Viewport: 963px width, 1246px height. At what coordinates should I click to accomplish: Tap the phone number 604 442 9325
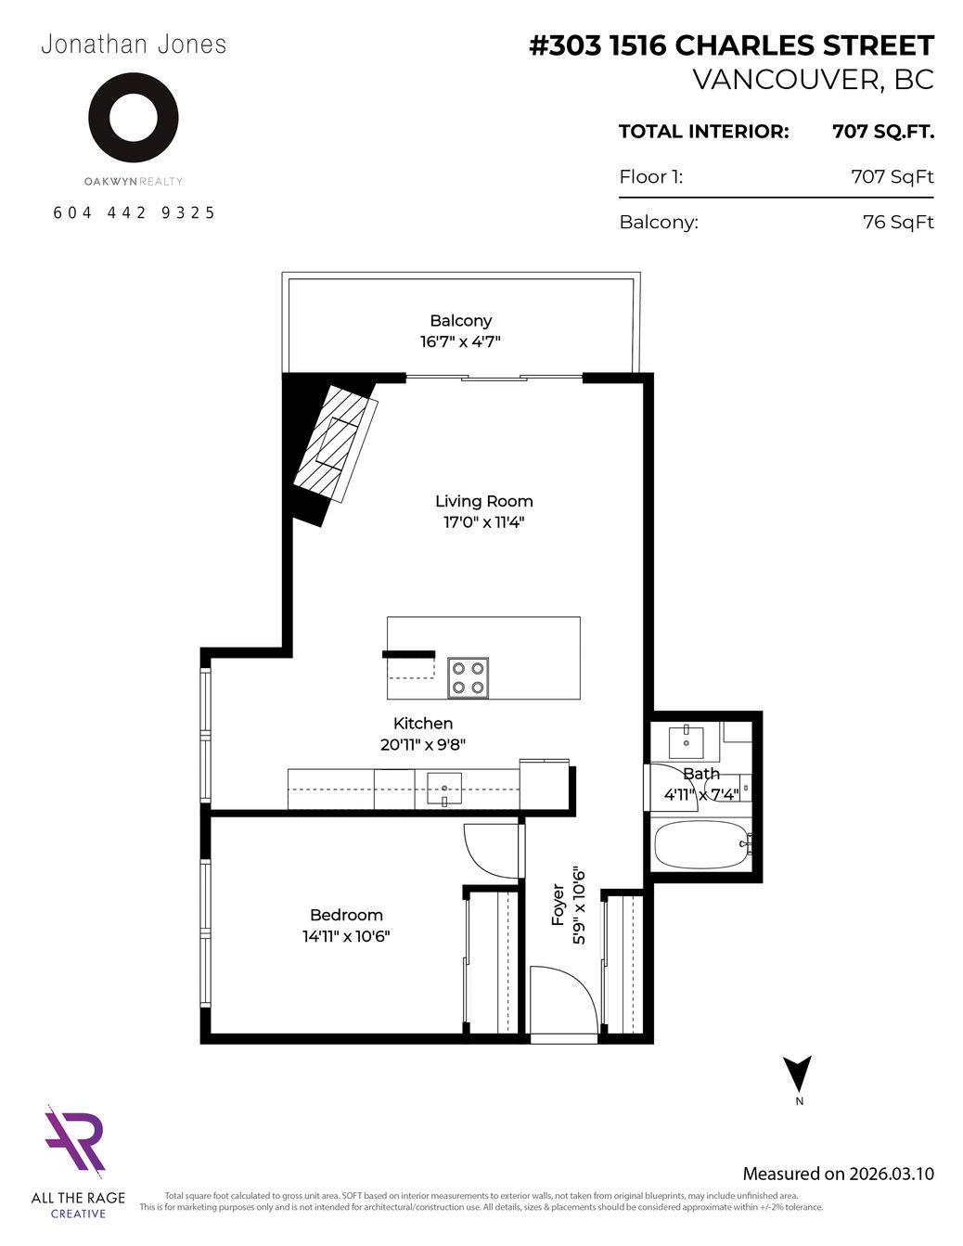click(135, 212)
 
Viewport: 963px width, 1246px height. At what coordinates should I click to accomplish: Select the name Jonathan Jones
click(135, 45)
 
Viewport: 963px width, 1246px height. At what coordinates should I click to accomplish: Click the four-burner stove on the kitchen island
click(469, 678)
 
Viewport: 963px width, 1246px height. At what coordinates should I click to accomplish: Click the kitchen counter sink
click(444, 788)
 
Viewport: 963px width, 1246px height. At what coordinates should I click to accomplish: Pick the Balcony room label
click(461, 320)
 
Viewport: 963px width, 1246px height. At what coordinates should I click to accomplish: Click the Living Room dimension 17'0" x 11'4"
click(484, 522)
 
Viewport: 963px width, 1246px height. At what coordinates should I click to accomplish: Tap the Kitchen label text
click(423, 723)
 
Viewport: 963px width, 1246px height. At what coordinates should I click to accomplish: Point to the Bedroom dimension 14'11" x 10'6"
click(346, 936)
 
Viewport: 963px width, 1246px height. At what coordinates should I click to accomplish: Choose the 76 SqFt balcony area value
click(898, 222)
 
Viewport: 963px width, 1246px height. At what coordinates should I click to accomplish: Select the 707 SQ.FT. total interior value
click(883, 132)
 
